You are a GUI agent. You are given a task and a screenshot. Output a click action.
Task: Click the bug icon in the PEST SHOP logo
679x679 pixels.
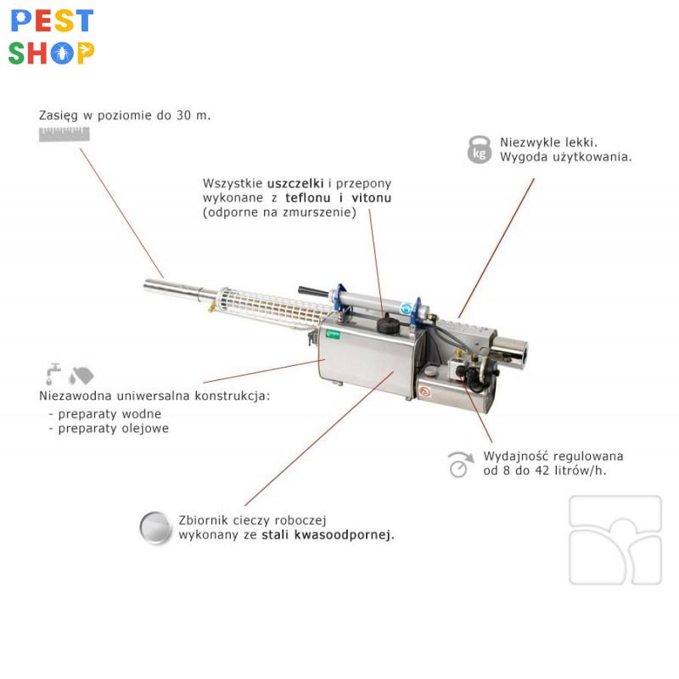point(62,53)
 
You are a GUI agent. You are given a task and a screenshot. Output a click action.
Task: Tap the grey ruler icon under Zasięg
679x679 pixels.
point(65,134)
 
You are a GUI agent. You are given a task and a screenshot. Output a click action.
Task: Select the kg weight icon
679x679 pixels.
point(480,150)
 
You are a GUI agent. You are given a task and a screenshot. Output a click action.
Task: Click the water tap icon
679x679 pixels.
point(53,373)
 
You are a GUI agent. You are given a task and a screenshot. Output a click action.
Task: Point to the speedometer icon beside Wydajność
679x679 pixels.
point(460,464)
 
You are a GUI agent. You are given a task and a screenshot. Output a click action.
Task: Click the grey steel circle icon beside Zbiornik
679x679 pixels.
point(155,527)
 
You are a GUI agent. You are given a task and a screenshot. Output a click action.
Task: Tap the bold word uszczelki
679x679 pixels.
point(295,183)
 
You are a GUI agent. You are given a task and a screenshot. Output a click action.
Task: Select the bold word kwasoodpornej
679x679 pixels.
point(345,536)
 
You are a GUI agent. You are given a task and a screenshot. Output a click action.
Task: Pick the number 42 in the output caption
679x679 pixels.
point(542,471)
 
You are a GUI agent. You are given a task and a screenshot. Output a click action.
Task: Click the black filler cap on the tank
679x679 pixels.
point(388,325)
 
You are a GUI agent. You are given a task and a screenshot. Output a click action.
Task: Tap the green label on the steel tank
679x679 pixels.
point(333,334)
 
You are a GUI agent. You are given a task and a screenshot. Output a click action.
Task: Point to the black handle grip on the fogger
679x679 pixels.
point(312,290)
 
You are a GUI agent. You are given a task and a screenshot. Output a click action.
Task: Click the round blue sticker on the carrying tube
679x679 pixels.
point(406,309)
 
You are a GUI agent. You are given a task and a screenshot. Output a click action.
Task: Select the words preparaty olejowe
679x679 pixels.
point(113,429)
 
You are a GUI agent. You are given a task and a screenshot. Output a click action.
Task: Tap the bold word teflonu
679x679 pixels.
point(308,198)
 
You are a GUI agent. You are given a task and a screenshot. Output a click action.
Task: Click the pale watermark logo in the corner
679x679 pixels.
point(615,540)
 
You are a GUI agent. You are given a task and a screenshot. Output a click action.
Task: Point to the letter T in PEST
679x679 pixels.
point(83,21)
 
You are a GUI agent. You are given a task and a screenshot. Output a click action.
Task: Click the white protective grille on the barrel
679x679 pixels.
point(272,306)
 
